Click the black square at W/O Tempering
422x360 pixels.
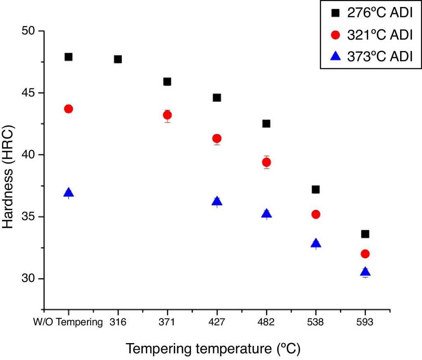click(68, 57)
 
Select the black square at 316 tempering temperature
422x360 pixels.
click(118, 59)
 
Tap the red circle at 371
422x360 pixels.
click(167, 115)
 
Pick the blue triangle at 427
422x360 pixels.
click(217, 201)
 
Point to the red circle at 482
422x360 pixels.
click(266, 162)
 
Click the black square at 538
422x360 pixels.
click(316, 189)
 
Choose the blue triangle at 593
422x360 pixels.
click(365, 271)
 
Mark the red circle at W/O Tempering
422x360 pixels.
click(68, 109)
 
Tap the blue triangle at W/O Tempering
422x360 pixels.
click(68, 192)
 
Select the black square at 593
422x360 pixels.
click(365, 234)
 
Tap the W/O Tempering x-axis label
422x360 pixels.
click(68, 323)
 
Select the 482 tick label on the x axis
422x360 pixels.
click(266, 323)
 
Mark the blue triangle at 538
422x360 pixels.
click(316, 243)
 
